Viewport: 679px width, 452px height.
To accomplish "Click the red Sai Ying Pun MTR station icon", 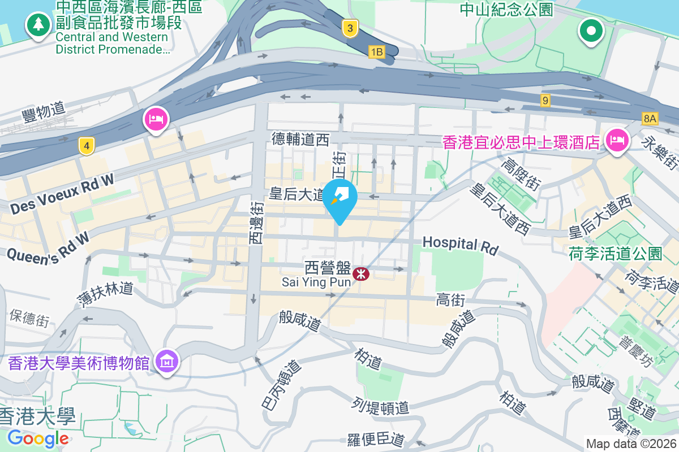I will pyautogui.click(x=360, y=274).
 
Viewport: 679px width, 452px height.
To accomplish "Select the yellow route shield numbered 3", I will pyautogui.click(x=350, y=28).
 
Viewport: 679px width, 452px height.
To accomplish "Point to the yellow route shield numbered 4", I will pyautogui.click(x=86, y=146).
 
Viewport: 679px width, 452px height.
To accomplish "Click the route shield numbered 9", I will pyautogui.click(x=545, y=101).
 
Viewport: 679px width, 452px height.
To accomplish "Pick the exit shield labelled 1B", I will pyautogui.click(x=376, y=53).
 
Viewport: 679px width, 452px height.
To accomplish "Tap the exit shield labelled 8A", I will pyautogui.click(x=650, y=118).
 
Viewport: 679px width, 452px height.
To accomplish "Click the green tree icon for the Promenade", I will pyautogui.click(x=38, y=24).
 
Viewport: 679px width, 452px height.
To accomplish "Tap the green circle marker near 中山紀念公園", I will pyautogui.click(x=591, y=31).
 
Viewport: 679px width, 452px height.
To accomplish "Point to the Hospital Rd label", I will pyautogui.click(x=461, y=245).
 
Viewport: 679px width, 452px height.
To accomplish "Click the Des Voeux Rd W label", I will pyautogui.click(x=62, y=194).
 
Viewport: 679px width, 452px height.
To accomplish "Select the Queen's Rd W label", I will pyautogui.click(x=48, y=246).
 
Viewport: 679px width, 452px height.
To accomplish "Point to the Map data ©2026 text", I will pyautogui.click(x=631, y=444).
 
